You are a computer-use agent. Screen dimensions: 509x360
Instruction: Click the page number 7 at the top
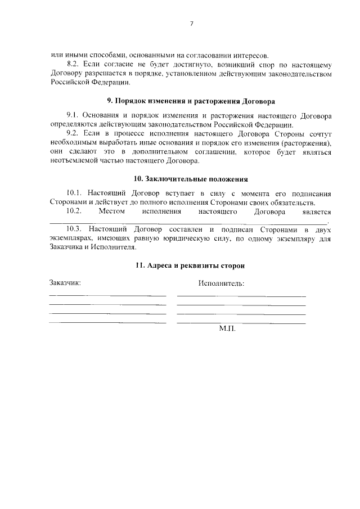192,24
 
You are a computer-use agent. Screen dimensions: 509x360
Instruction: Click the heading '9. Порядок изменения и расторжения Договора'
191,102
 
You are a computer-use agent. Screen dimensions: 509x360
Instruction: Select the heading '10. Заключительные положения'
191,179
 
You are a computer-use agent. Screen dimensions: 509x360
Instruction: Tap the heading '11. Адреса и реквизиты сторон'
191,265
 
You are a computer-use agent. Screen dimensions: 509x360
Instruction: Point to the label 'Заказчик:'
65,282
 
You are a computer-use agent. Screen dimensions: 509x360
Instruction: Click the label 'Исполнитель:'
221,283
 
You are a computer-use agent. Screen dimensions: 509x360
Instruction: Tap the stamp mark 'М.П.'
227,329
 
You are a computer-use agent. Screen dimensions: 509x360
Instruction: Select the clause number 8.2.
74,65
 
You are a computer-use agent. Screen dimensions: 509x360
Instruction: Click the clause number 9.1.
74,116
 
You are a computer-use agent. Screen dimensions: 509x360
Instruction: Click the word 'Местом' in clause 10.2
110,211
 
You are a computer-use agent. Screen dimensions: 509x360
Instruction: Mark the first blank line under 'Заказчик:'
107,295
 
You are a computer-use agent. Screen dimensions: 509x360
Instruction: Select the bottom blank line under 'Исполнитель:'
241,323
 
